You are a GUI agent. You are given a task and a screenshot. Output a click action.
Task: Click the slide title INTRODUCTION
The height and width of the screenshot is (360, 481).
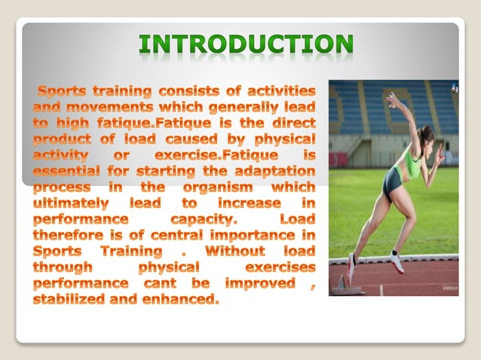[246, 45]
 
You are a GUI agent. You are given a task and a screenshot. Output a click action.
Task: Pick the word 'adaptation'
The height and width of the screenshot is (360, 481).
[271, 171]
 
